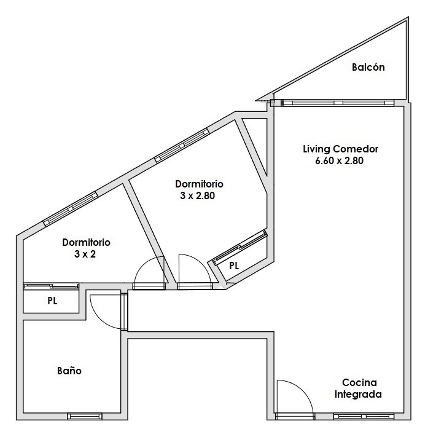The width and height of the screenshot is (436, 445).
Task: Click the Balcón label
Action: [x=368, y=67]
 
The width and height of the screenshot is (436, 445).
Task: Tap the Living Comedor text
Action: [x=340, y=149]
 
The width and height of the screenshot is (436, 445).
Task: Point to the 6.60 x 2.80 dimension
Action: [x=340, y=160]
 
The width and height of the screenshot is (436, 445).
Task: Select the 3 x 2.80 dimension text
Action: [x=197, y=195]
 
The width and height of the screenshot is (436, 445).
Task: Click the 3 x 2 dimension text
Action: [x=85, y=254]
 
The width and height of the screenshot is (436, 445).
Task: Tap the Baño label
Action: [x=69, y=371]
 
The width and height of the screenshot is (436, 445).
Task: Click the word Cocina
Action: [x=359, y=382]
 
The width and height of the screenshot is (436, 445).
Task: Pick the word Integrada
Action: [x=358, y=395]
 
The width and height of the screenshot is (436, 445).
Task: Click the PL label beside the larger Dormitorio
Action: [x=234, y=266]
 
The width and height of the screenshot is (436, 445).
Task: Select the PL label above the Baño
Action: [x=52, y=301]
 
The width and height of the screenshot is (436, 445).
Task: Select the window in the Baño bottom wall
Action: [x=85, y=416]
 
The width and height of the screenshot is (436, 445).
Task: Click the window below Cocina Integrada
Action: [x=364, y=416]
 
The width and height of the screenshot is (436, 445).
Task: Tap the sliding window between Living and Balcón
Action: [x=339, y=103]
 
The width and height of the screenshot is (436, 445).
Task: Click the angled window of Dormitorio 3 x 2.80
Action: [x=182, y=145]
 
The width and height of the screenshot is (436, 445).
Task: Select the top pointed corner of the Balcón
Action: [x=408, y=18]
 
